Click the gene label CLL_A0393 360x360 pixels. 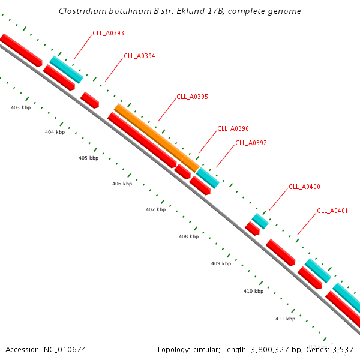(108, 34)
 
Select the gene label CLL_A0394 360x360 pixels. (139, 56)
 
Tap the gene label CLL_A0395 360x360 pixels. (192, 97)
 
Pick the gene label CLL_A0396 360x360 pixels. (233, 128)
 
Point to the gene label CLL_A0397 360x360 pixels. (251, 143)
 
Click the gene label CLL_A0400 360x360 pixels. (304, 187)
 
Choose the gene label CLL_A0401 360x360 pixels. (332, 211)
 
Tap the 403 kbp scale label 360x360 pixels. (21, 107)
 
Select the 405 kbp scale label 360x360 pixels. (88, 158)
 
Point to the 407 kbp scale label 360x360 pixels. (155, 210)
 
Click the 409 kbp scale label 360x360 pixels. (221, 263)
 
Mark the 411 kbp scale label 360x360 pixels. (285, 319)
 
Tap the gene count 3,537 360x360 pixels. (343, 349)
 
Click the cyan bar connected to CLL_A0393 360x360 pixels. (67, 69)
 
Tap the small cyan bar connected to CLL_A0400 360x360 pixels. (260, 221)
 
